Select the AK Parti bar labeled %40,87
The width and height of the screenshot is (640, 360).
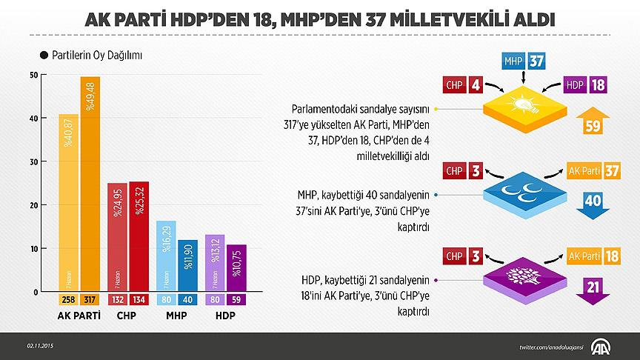68,203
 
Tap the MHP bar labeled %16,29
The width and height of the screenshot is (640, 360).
166,256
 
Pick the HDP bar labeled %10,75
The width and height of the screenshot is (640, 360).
236,267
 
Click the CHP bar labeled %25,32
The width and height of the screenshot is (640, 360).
139,236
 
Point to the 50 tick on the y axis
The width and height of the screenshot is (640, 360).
33,75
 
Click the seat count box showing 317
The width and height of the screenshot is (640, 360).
90,300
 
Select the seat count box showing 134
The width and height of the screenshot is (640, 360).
139,300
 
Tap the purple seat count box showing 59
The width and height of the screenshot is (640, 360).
236,300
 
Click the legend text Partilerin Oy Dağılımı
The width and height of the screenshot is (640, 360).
96,56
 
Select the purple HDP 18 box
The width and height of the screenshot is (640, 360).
584,85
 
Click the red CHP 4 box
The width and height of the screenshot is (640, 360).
464,85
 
